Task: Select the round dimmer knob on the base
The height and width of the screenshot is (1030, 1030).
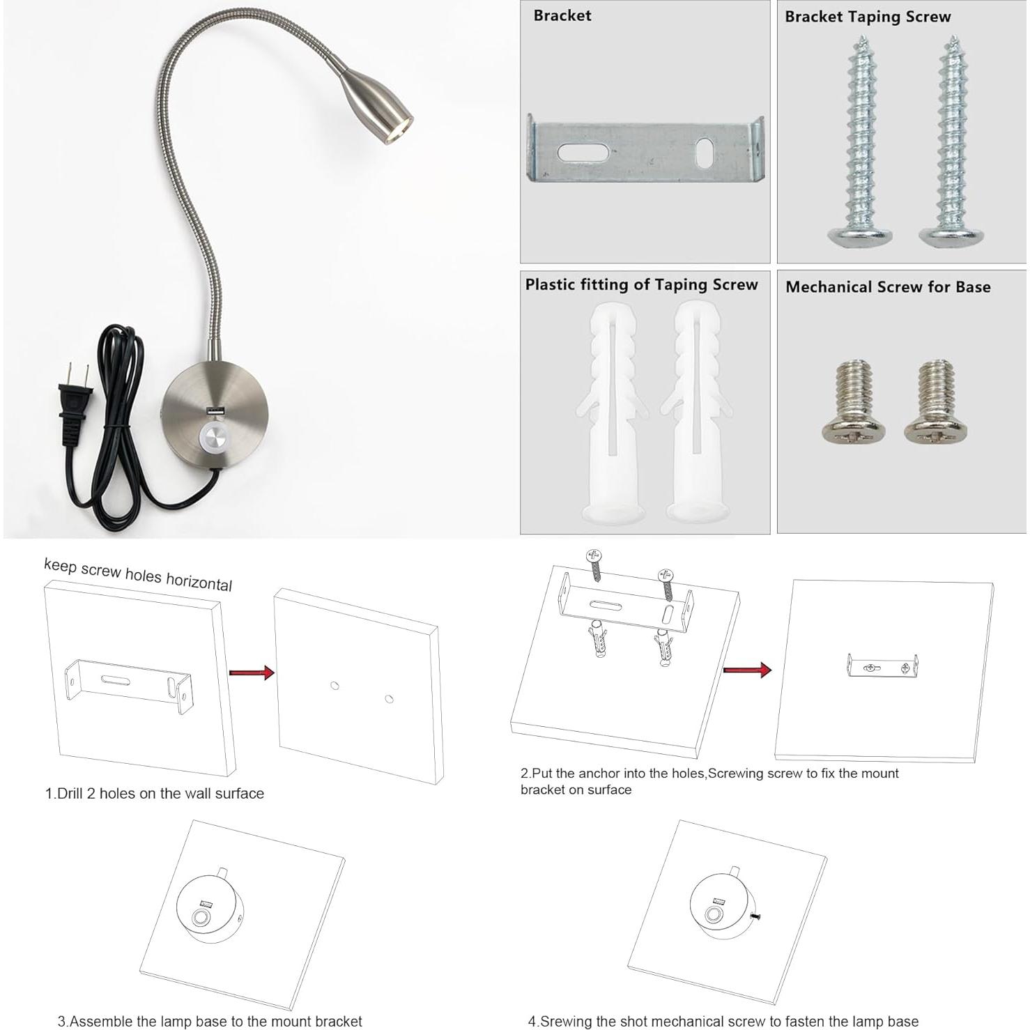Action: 215,438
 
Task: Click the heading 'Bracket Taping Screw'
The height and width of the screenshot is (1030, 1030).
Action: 868,17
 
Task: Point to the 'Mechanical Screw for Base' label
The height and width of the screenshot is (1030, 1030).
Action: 888,287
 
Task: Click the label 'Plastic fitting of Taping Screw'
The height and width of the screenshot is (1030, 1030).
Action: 641,284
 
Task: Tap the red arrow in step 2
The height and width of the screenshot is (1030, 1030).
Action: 746,670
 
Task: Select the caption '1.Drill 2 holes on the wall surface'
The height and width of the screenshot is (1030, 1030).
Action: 155,793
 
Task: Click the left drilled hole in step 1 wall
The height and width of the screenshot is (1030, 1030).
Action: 335,686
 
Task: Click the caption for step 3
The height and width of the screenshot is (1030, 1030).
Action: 210,1021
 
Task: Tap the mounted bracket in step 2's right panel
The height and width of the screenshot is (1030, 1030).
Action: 882,667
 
